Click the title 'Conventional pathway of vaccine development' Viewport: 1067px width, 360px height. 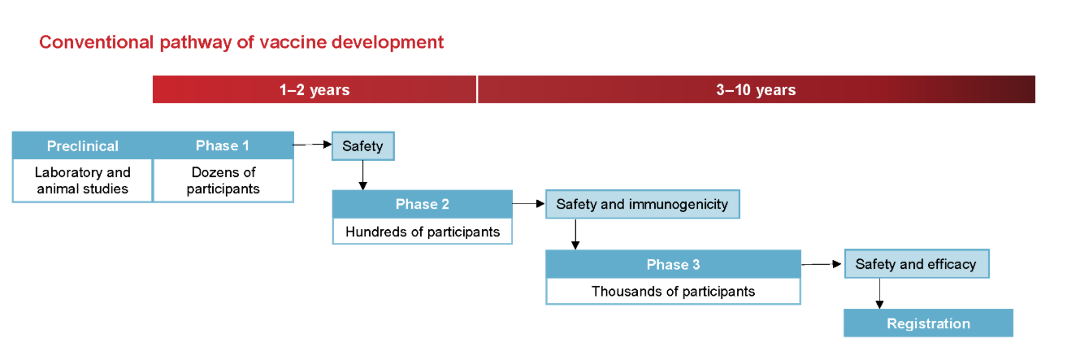click(x=241, y=42)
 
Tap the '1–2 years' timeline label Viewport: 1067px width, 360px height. click(x=314, y=89)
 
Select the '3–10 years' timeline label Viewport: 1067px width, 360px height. click(x=757, y=89)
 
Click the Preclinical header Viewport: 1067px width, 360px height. click(x=82, y=145)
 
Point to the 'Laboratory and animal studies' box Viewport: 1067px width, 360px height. click(x=82, y=180)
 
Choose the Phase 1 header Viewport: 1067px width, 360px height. click(x=223, y=145)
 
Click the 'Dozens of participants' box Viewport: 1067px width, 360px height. click(x=223, y=180)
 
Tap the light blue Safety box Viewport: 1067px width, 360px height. click(x=363, y=146)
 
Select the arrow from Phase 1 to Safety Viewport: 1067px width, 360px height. click(x=313, y=145)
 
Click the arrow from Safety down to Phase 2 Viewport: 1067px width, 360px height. click(x=363, y=176)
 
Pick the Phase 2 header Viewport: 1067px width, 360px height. click(x=423, y=204)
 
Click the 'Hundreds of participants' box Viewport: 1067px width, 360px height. click(x=423, y=232)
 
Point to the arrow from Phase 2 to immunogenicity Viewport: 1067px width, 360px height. click(x=529, y=204)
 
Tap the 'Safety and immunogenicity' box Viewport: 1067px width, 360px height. click(x=643, y=204)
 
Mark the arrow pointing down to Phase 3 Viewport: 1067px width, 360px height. click(x=575, y=234)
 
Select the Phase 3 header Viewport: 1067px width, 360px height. click(x=673, y=264)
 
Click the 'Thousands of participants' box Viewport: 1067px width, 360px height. click(x=673, y=292)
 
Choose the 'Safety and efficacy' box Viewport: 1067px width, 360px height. click(x=917, y=264)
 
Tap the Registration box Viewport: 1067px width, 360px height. click(x=928, y=323)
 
